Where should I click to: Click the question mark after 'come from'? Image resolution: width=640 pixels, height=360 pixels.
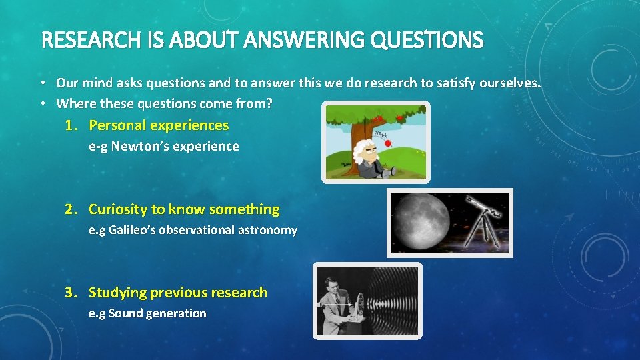coord(270,104)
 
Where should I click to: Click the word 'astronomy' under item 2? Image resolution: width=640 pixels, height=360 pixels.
coord(269,230)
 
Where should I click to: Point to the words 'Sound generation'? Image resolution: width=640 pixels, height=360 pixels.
coord(157,313)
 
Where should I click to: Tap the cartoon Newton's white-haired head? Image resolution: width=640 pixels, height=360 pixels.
coord(363,149)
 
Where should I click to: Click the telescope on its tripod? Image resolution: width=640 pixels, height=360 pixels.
coord(482,220)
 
